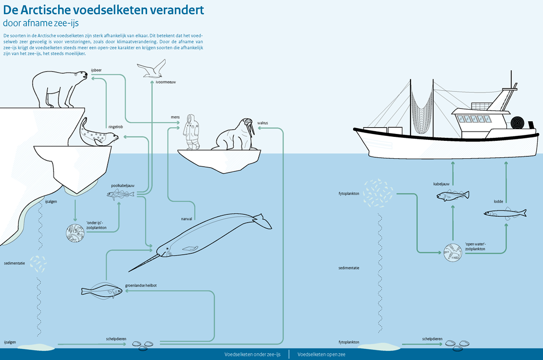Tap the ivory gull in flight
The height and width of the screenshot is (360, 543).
click(x=152, y=70)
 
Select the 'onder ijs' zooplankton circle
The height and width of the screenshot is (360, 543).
click(x=75, y=234)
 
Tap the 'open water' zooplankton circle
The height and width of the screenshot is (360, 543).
click(x=452, y=253)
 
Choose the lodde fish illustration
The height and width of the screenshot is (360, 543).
click(x=505, y=213)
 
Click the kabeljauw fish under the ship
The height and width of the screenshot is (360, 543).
click(x=452, y=195)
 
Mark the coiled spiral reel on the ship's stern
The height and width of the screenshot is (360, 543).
click(x=519, y=123)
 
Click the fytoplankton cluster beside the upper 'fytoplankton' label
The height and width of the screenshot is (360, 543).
click(x=378, y=192)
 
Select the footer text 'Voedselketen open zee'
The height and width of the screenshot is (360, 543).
click(x=321, y=355)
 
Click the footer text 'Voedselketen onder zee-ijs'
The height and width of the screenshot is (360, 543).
click(x=252, y=355)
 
